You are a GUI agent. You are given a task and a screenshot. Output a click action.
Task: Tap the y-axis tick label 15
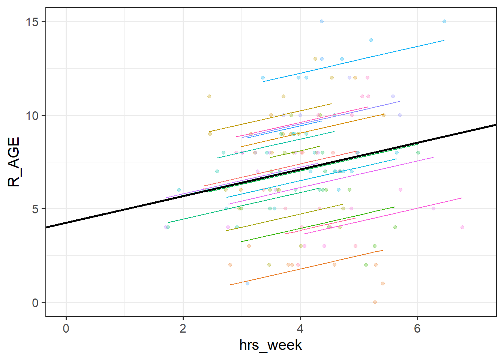coord(32,22)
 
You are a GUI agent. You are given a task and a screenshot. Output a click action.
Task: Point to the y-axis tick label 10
coord(32,115)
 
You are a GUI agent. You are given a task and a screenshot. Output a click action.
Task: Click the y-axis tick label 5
coord(35,209)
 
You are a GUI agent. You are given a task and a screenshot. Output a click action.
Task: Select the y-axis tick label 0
coord(35,303)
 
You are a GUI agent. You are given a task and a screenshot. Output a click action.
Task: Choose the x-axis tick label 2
coord(183,328)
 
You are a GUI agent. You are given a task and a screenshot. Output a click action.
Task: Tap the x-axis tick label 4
coord(300,328)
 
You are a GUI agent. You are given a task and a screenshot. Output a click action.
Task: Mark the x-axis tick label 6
coord(417,328)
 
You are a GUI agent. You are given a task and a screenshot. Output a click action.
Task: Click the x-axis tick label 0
coord(66,328)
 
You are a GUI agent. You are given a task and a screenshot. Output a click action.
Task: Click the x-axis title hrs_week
coord(271,345)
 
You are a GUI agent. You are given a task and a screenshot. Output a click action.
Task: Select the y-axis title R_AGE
coord(13,162)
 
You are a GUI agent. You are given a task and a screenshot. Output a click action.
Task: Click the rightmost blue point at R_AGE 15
coord(444,21)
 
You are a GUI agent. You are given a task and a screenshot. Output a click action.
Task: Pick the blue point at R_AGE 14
coord(371,40)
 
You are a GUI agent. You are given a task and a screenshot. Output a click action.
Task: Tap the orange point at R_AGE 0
coord(375,302)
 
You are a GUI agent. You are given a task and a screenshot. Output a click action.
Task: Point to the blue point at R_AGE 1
coord(247,283)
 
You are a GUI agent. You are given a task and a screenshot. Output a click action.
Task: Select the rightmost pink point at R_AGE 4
coord(462,227)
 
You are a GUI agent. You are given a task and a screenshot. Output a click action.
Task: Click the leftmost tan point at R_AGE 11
coord(209,96)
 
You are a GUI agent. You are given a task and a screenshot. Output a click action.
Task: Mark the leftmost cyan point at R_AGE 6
coord(179,190)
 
